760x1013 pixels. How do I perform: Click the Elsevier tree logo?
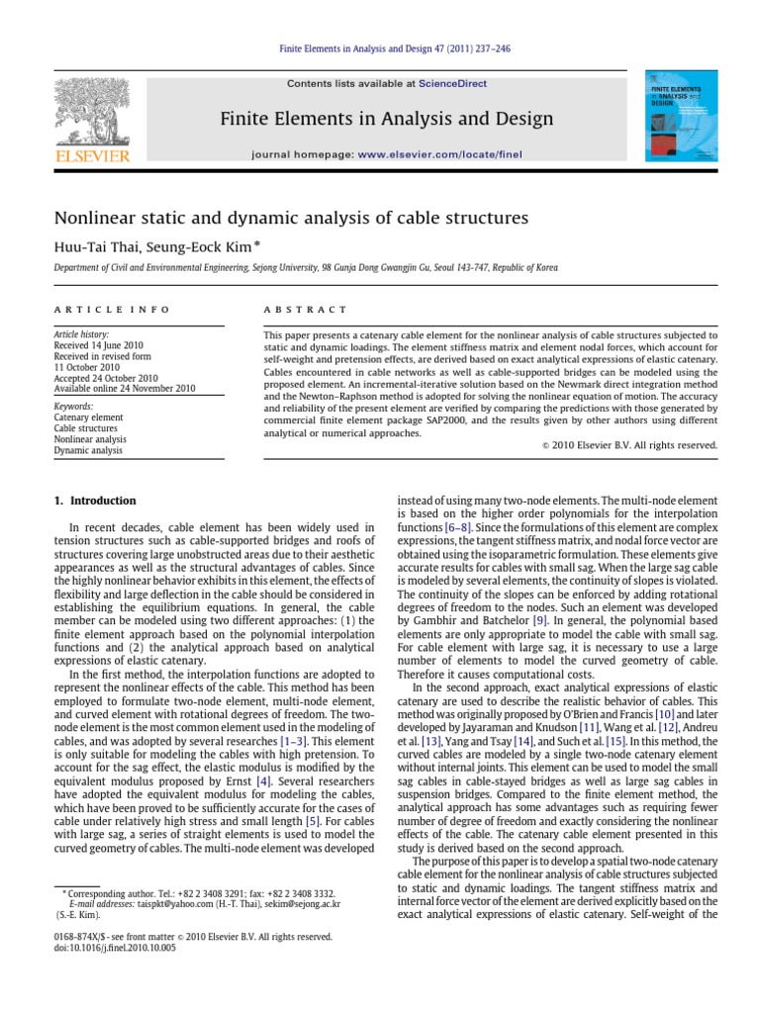(x=92, y=119)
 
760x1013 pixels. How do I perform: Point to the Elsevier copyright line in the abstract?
(x=637, y=444)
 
